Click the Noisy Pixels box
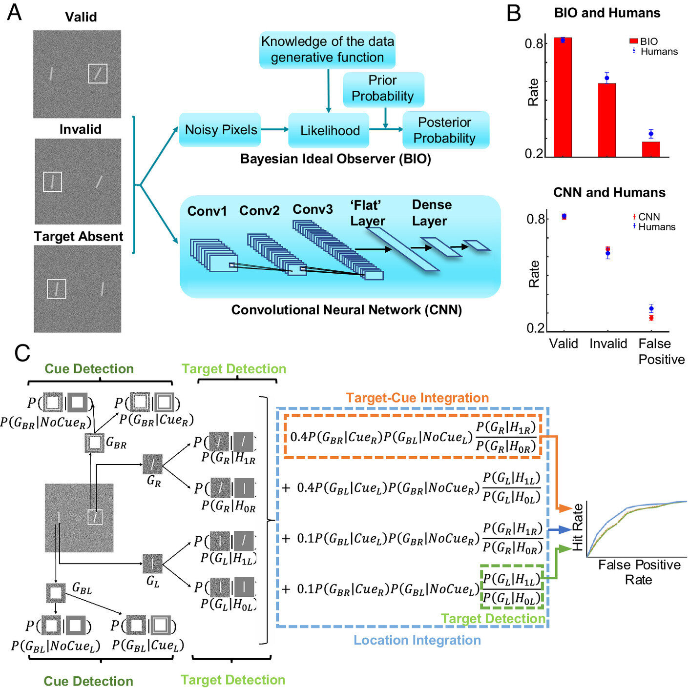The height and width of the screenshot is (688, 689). coord(221,130)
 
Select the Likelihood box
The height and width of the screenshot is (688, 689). coord(329,130)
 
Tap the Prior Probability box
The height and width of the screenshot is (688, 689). coord(383,89)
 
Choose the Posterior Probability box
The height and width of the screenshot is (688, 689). coord(445,130)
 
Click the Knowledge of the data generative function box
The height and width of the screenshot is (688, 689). coord(327,50)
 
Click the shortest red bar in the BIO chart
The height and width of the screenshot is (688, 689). coord(651,149)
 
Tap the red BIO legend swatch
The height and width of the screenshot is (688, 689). coord(634,41)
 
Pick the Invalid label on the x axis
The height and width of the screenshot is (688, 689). coord(608,344)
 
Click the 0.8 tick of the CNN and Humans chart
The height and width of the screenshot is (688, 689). coord(535,219)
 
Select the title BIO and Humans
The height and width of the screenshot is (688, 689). coord(607,13)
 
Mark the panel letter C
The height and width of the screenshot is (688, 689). coord(22,353)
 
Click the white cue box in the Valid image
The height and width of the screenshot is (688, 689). coord(98,74)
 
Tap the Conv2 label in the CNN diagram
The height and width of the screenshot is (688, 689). coord(259,211)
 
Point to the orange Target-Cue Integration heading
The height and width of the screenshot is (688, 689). coord(418,398)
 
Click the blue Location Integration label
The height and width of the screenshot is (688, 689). coord(417,640)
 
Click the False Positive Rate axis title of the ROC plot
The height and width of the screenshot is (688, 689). coord(639,572)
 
